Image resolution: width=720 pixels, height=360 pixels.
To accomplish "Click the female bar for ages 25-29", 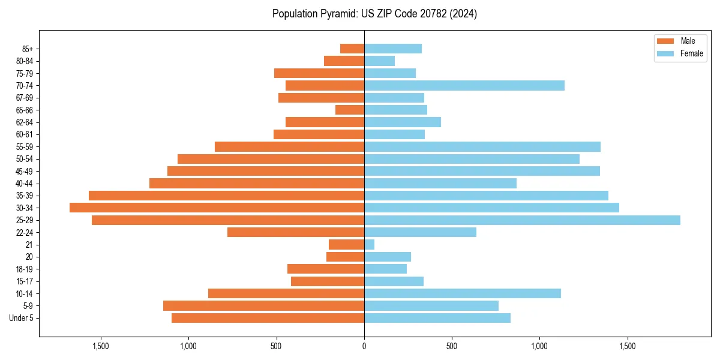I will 522,220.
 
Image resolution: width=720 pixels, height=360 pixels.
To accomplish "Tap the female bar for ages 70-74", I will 464,86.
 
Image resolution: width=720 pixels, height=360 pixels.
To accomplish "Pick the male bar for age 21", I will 346,244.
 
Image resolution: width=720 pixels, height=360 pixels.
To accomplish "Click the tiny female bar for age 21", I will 369,244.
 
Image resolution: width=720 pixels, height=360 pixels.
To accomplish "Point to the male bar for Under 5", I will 268,318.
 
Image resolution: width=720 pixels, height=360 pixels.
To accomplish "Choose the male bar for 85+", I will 352,49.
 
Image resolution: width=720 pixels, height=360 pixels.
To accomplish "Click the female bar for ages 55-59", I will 482,147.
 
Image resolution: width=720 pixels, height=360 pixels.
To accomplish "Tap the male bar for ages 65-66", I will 350,110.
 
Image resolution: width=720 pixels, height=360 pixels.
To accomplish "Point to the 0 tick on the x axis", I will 364,346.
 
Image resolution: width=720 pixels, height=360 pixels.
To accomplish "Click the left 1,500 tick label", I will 100,346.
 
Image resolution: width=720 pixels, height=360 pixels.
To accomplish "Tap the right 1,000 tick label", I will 539,346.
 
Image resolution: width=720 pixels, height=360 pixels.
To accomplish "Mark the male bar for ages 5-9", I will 263,306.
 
